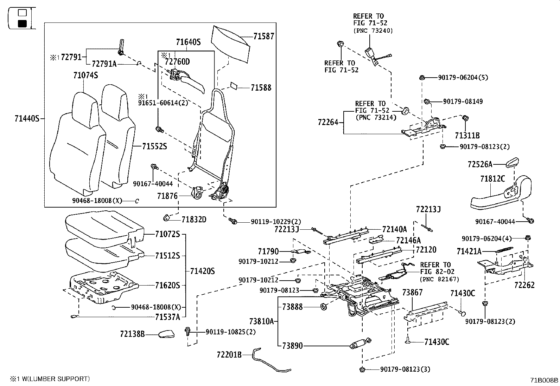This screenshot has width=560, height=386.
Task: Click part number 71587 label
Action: (263, 36)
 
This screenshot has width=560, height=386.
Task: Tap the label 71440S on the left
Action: (27, 119)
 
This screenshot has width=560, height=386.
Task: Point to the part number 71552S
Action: (154, 146)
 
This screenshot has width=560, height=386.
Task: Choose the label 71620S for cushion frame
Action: (167, 286)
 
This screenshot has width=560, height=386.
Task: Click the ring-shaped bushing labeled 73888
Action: (323, 307)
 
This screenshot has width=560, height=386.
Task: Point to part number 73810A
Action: (261, 321)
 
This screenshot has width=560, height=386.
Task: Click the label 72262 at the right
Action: (524, 285)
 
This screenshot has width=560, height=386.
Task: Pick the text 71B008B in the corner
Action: (544, 380)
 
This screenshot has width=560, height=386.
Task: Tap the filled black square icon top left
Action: (22, 24)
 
